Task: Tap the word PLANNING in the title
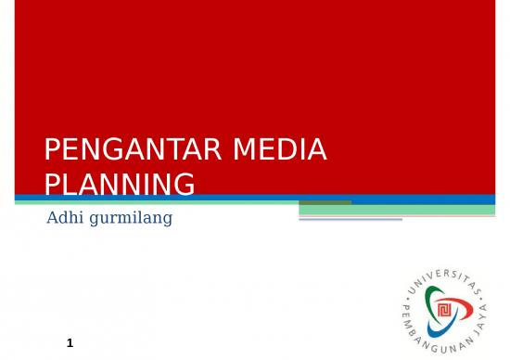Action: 120,184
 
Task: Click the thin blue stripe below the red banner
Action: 185,199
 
